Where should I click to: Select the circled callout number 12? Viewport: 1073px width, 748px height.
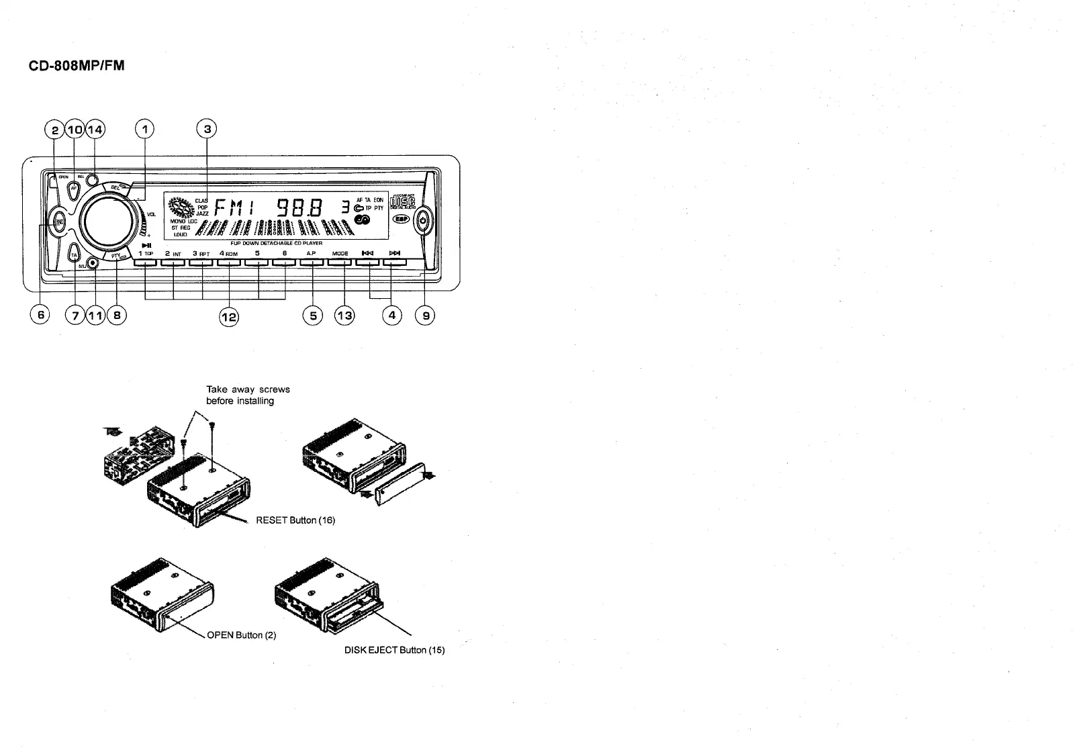[230, 316]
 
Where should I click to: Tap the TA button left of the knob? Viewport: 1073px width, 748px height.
[75, 256]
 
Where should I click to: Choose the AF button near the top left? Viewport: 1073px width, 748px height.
[74, 189]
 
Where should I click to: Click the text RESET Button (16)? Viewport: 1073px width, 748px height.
[295, 520]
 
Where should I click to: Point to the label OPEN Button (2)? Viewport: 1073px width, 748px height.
[242, 635]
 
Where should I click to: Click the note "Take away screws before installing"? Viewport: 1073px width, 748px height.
[248, 395]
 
